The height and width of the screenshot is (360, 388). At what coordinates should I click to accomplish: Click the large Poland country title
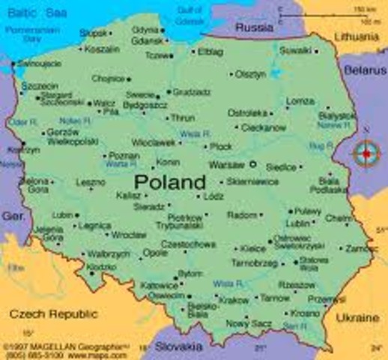pos(170,182)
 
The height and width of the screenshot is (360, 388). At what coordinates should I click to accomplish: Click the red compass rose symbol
pos(366,154)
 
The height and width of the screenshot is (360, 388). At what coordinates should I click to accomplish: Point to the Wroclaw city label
pos(129,235)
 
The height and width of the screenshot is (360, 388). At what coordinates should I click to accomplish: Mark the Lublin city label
pos(297,223)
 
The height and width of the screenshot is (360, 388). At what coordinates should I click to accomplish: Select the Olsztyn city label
pos(250,74)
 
